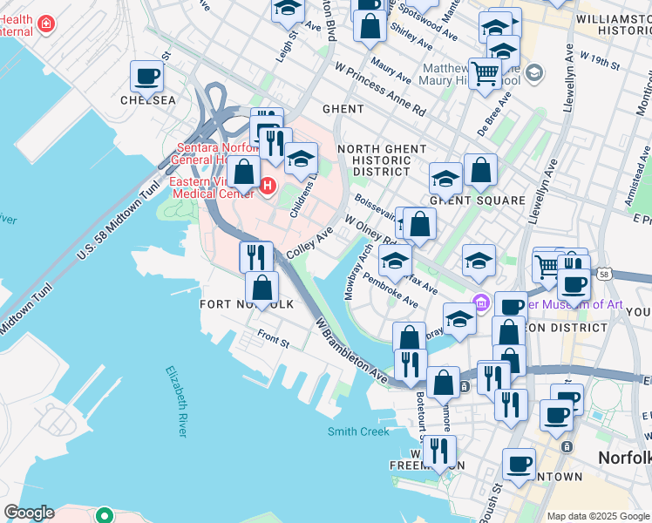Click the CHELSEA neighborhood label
(x=147, y=100)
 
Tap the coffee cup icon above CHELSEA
(x=147, y=76)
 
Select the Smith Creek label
(x=357, y=431)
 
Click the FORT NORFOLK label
(x=247, y=303)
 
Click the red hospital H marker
(x=268, y=186)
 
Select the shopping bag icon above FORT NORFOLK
(x=261, y=287)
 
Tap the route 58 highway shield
(x=604, y=275)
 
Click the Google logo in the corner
(x=29, y=513)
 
